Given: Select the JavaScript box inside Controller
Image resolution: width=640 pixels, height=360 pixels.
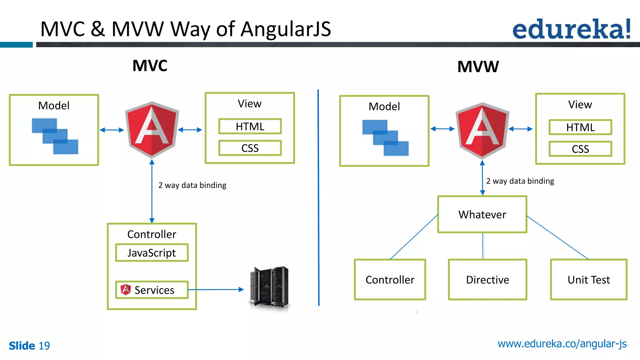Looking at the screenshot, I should pyautogui.click(x=152, y=252).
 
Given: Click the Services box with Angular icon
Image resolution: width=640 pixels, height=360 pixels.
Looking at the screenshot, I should pyautogui.click(x=152, y=290).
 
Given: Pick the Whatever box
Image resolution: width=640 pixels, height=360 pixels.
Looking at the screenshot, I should pyautogui.click(x=482, y=214).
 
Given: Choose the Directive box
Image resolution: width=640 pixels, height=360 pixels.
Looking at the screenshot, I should pyautogui.click(x=487, y=280).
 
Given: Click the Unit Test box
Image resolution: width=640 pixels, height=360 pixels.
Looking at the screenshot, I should pyautogui.click(x=588, y=280).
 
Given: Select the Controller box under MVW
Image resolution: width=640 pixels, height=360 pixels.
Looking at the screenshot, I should pyautogui.click(x=390, y=280).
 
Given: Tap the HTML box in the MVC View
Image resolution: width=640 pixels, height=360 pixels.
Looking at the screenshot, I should pyautogui.click(x=250, y=126).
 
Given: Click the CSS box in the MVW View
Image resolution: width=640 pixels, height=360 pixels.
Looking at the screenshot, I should pyautogui.click(x=580, y=149).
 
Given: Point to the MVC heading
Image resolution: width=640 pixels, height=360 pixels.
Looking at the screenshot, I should pyautogui.click(x=150, y=66).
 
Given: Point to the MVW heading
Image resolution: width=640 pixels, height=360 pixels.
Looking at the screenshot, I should pyautogui.click(x=478, y=67).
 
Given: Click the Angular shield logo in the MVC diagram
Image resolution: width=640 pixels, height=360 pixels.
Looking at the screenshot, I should pyautogui.click(x=152, y=129).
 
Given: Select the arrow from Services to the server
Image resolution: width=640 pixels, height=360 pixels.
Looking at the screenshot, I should pyautogui.click(x=216, y=290).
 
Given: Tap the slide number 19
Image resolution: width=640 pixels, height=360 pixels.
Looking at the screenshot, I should pyautogui.click(x=44, y=346).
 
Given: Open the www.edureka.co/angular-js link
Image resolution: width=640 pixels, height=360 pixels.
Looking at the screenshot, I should pyautogui.click(x=562, y=344).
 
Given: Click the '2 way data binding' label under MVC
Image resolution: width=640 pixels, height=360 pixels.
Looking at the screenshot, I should pyautogui.click(x=192, y=185).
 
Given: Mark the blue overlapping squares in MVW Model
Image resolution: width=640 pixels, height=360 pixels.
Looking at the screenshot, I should pyautogui.click(x=385, y=137).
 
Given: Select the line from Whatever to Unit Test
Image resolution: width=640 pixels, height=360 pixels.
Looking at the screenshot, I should pyautogui.click(x=557, y=237).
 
